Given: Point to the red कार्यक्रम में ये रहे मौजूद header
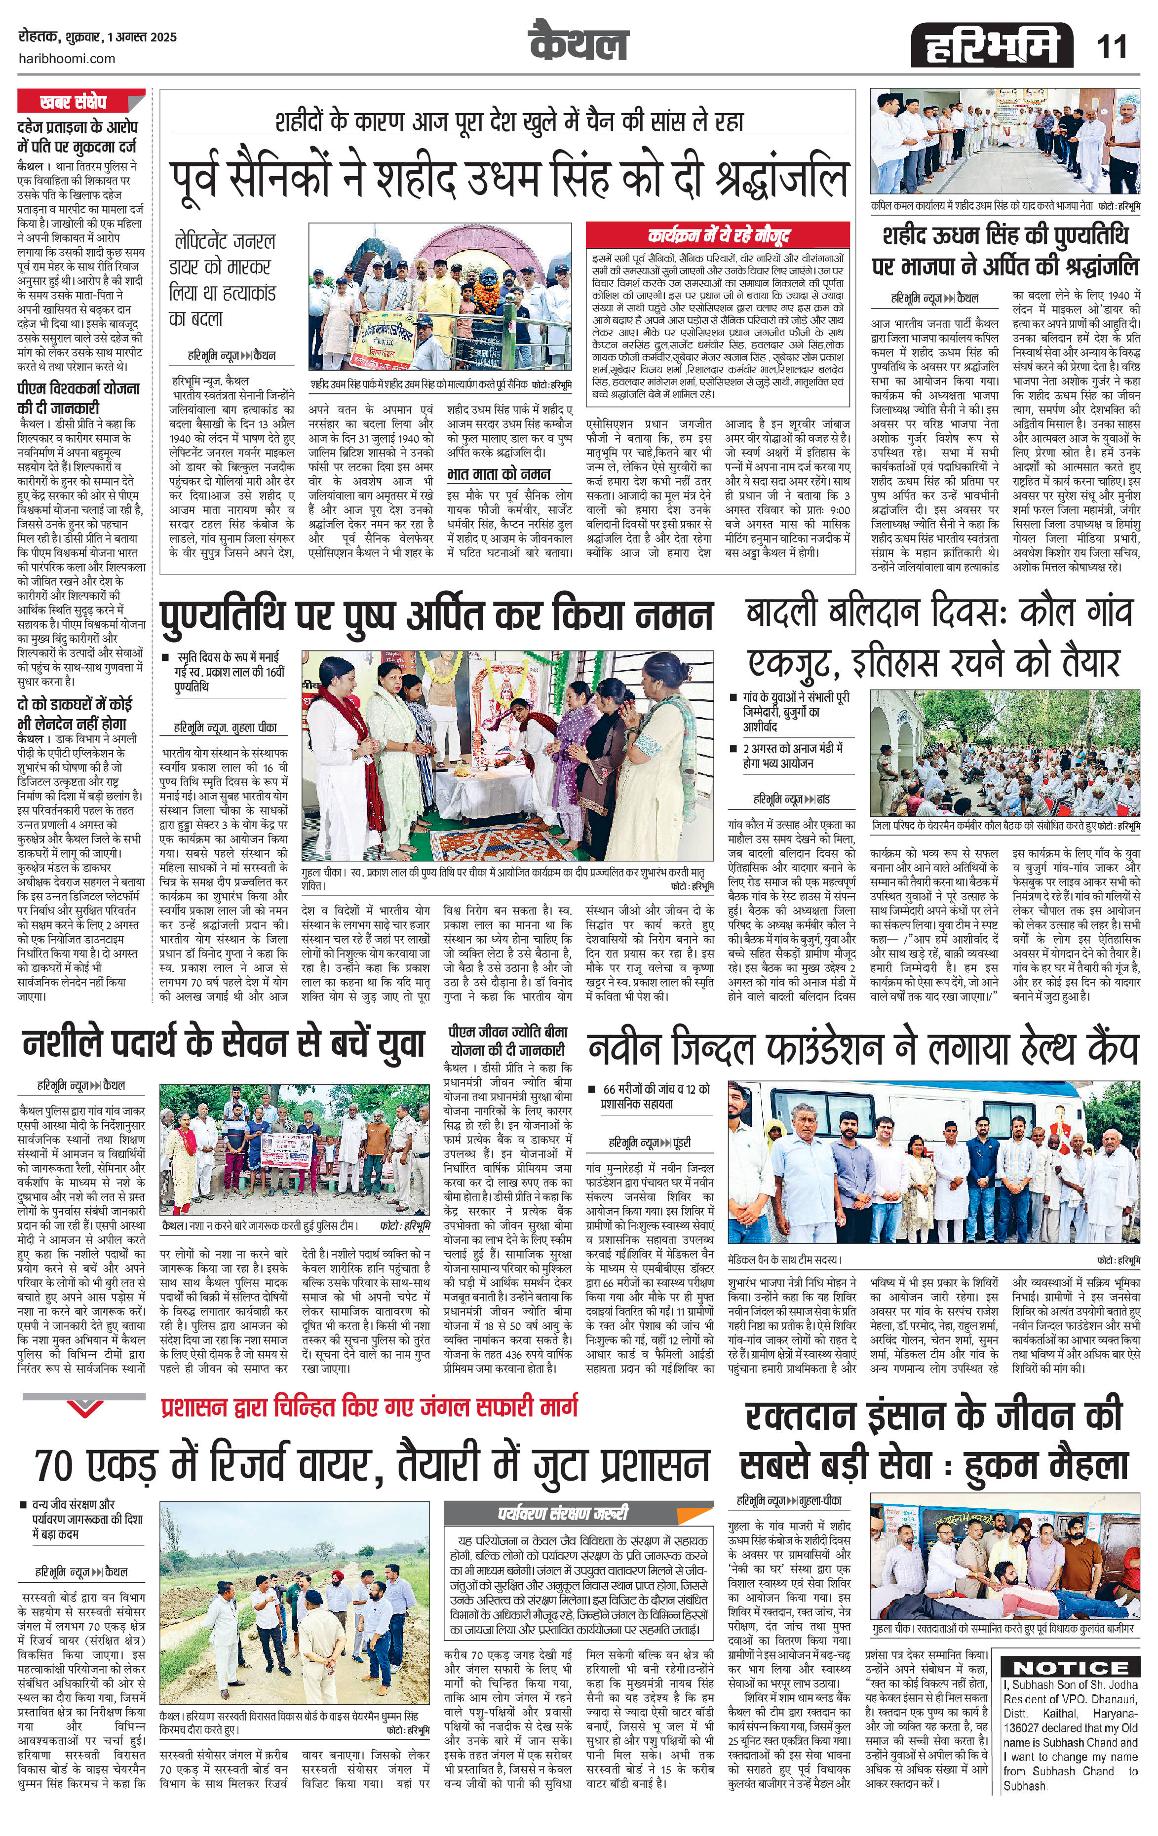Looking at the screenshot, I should click(x=718, y=235).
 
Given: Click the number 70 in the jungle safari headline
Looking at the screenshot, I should click(x=54, y=1465).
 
